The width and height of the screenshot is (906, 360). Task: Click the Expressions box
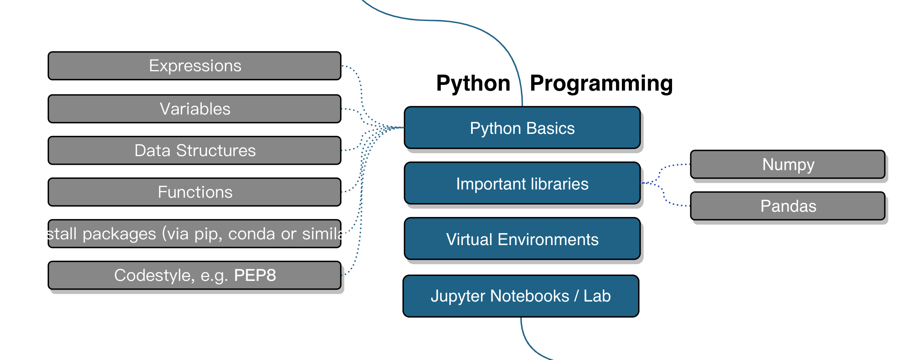(x=194, y=66)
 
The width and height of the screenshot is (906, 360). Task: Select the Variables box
(x=194, y=109)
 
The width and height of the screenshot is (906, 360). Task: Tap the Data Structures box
(x=194, y=151)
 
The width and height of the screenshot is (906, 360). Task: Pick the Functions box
(x=194, y=192)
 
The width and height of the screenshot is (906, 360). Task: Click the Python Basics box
(x=522, y=128)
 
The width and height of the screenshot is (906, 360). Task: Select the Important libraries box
(x=522, y=184)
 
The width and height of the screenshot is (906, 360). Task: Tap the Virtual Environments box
(x=522, y=239)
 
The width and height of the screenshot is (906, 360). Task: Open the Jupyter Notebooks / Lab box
(x=521, y=296)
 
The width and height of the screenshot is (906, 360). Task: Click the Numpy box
(x=788, y=165)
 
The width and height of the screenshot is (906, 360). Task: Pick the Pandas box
(x=788, y=206)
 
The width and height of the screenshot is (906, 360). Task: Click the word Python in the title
(x=473, y=84)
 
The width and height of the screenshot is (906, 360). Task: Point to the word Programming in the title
(x=601, y=84)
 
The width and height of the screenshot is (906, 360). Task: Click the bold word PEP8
(x=255, y=276)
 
